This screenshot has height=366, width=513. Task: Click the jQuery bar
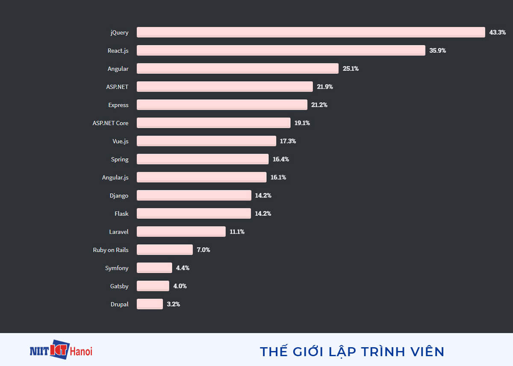(x=311, y=32)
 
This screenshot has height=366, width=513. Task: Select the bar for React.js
(x=281, y=50)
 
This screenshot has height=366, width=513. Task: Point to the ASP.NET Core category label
(x=110, y=123)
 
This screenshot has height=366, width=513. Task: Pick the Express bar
(x=222, y=105)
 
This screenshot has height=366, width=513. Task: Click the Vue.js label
(x=121, y=141)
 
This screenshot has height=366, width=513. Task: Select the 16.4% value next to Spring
(x=281, y=159)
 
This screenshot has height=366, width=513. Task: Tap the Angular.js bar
(x=201, y=177)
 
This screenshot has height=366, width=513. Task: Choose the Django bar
(x=194, y=195)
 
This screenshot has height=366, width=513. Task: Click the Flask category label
(x=121, y=214)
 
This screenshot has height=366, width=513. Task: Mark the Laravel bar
(x=181, y=232)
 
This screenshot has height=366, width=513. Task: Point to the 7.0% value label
(x=203, y=250)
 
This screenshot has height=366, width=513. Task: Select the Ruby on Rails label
(x=111, y=250)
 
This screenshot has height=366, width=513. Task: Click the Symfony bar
(x=154, y=268)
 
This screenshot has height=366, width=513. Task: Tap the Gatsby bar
(x=153, y=286)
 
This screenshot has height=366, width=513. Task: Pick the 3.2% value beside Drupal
(x=174, y=304)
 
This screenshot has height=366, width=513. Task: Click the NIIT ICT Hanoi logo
(x=61, y=351)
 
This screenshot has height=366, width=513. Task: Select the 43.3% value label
(x=498, y=32)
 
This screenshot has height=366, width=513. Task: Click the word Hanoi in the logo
(x=81, y=351)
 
